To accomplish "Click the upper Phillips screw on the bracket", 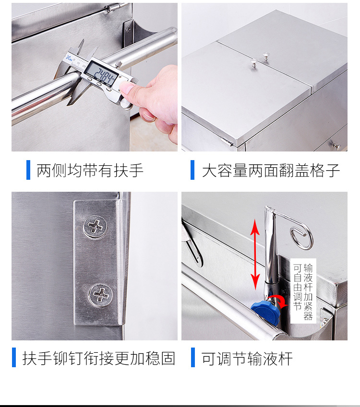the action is point(95,226).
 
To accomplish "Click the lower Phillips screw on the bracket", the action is point(100,295).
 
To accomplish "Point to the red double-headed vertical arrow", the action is point(255,254).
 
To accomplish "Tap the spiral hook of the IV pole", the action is point(301,238).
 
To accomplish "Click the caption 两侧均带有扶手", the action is point(90,170).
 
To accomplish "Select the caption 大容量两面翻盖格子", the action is point(271,171).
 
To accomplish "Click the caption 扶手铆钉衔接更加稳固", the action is point(99,358).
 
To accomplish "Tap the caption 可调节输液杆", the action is point(247,359).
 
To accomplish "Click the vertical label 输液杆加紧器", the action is point(308,291).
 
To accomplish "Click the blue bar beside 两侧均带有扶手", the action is point(28,170).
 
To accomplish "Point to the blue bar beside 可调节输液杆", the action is point(193,358).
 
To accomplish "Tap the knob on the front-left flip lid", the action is point(254,62).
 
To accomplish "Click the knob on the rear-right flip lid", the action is point(265,56).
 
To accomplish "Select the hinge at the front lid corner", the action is point(227,141).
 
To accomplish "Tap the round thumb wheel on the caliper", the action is point(125,104).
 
